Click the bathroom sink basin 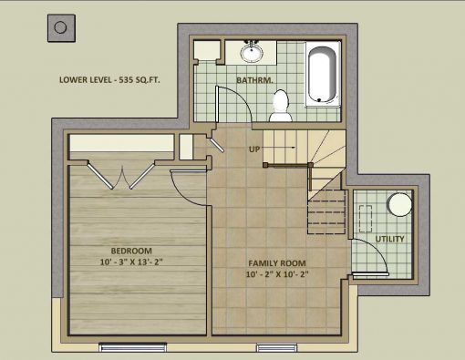point(252,53)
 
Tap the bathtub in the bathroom point(322,74)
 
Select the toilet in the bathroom point(281,106)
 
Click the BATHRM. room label point(254,80)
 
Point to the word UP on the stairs point(254,149)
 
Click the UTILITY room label point(390,239)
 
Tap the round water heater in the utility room point(400,204)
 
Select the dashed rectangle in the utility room point(366,219)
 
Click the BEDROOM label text point(131,251)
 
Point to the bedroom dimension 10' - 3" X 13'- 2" point(131,262)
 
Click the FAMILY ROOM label point(277,263)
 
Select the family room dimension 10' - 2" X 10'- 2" point(277,274)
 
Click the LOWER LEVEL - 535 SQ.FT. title point(109,80)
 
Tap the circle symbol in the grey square point(60,27)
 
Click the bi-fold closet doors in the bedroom point(121,175)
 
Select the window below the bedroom point(133,347)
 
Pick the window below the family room point(276,347)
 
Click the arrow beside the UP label point(278,148)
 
